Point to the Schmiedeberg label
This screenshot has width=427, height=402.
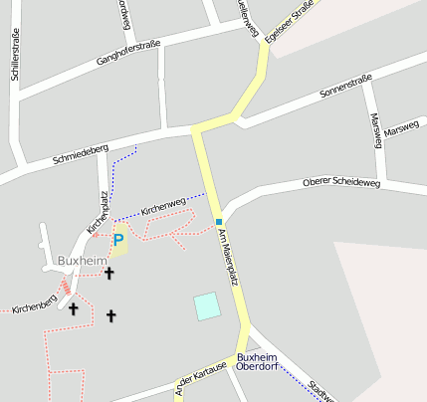(81, 152)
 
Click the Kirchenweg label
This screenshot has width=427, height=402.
(163, 206)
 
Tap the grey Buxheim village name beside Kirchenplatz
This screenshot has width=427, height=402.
(82, 261)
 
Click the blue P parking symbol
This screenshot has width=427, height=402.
(118, 240)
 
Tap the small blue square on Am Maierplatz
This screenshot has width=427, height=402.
(218, 221)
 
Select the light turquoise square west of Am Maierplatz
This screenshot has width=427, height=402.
(207, 305)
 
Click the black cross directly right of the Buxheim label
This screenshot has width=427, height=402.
(109, 272)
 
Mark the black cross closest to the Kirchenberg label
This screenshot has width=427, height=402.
(73, 308)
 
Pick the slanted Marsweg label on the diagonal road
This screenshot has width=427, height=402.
(402, 129)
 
